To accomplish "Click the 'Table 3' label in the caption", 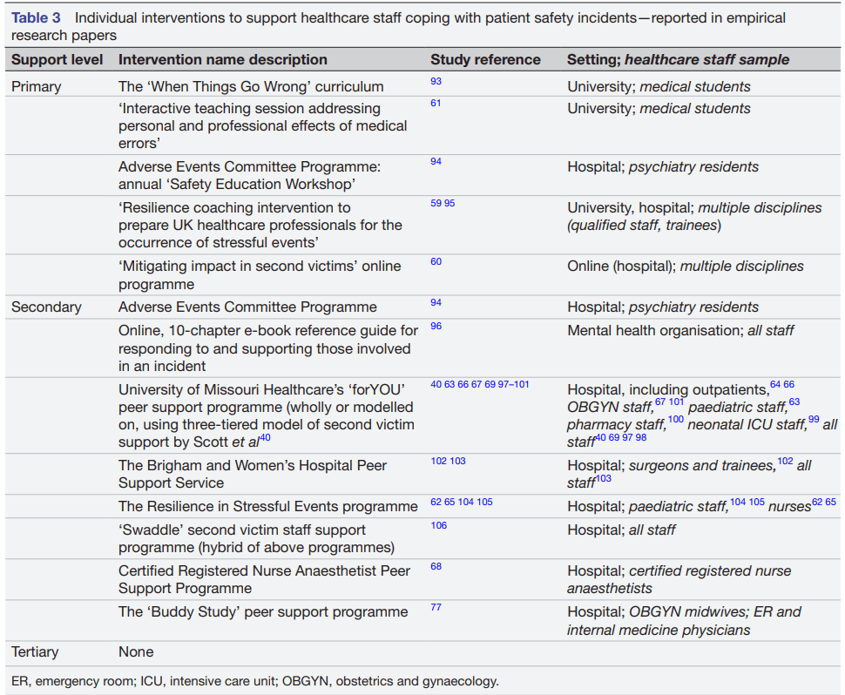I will click(36, 18).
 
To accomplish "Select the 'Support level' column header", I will click(57, 60).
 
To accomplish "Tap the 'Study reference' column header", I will click(485, 60).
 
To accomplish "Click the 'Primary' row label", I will click(37, 86).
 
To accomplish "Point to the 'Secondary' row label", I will click(46, 307).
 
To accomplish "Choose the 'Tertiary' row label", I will click(38, 651).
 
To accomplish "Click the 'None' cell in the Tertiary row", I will click(136, 651).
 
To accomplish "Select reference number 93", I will click(436, 81).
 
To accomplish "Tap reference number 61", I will click(436, 103).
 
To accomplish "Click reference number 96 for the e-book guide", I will click(436, 326).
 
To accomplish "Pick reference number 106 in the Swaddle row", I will click(438, 525).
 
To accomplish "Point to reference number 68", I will click(436, 566).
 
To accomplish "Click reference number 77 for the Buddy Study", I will click(436, 607).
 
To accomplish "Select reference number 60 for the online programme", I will click(436, 261).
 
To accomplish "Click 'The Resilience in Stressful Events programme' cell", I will click(268, 506).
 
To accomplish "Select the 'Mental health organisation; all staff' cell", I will click(680, 330).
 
